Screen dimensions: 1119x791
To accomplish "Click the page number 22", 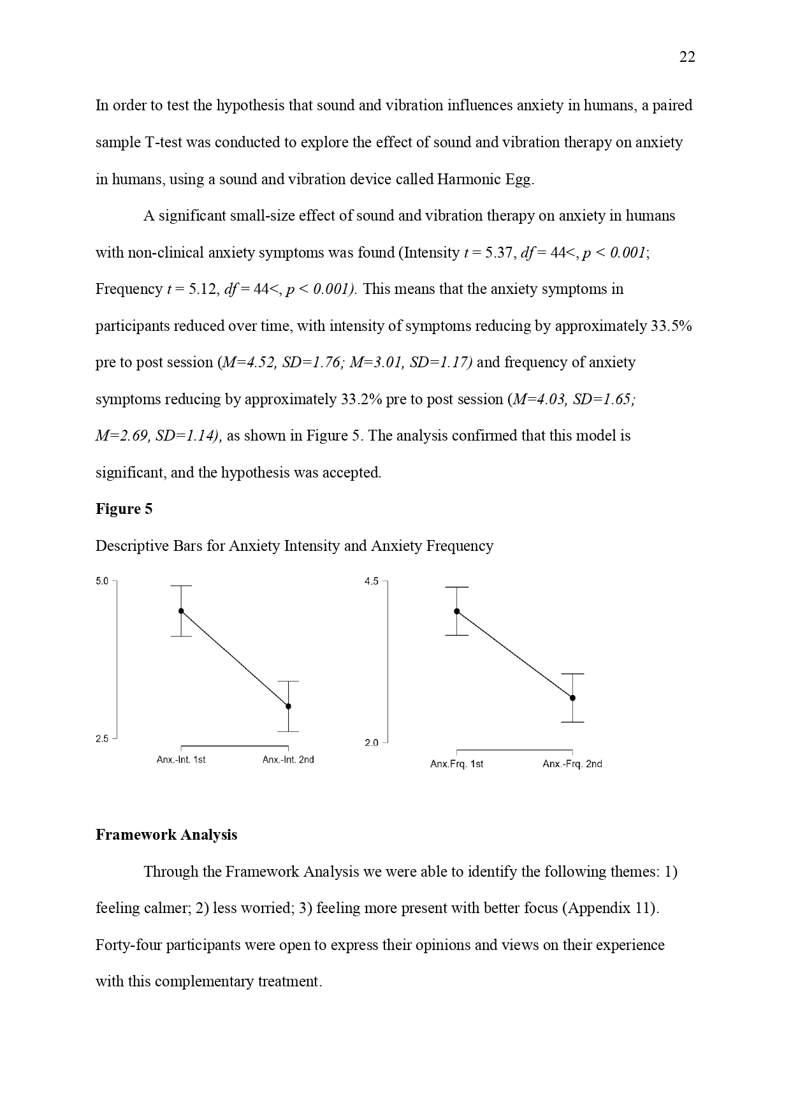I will [x=687, y=57].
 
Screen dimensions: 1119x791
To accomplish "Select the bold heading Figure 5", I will [x=124, y=509].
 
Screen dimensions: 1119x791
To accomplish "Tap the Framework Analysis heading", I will [x=166, y=835].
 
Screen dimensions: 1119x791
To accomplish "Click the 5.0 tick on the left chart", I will [x=102, y=581].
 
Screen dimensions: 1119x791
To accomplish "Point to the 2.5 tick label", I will [x=102, y=739].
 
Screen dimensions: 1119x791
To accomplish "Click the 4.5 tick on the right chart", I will [x=371, y=581].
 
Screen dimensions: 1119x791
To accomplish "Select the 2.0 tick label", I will [x=371, y=743].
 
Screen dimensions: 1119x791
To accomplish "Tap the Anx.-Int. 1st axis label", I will [x=181, y=759].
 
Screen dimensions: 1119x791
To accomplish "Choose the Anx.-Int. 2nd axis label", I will [x=288, y=759].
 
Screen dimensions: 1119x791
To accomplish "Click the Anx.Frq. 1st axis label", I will [x=456, y=764].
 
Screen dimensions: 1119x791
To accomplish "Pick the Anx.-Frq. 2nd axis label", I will [x=572, y=764].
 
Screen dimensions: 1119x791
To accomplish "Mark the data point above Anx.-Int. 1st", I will [x=181, y=611].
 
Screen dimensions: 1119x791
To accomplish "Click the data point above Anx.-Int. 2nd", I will [x=288, y=706].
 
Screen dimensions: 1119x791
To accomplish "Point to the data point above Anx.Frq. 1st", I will [x=456, y=611].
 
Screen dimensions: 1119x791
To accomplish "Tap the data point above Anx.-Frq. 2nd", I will [x=572, y=698].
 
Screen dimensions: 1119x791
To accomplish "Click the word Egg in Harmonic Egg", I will [x=519, y=179].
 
